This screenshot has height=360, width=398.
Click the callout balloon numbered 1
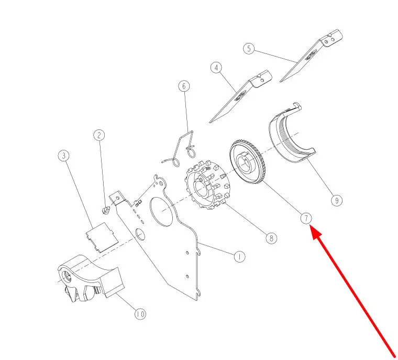pos(239,257)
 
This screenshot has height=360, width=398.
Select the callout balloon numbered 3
pos(64,156)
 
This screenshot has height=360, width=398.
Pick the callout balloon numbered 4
pos(216,68)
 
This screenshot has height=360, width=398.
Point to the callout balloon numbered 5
pos(249,49)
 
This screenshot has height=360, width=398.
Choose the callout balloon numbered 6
pos(184,86)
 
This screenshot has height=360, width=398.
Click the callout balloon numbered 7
pos(306,218)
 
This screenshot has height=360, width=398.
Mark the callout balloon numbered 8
pos(270,238)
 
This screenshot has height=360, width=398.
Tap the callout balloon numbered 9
pos(336,200)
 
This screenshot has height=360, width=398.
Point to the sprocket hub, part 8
pos(206,184)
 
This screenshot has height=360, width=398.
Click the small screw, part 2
pos(106,211)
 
